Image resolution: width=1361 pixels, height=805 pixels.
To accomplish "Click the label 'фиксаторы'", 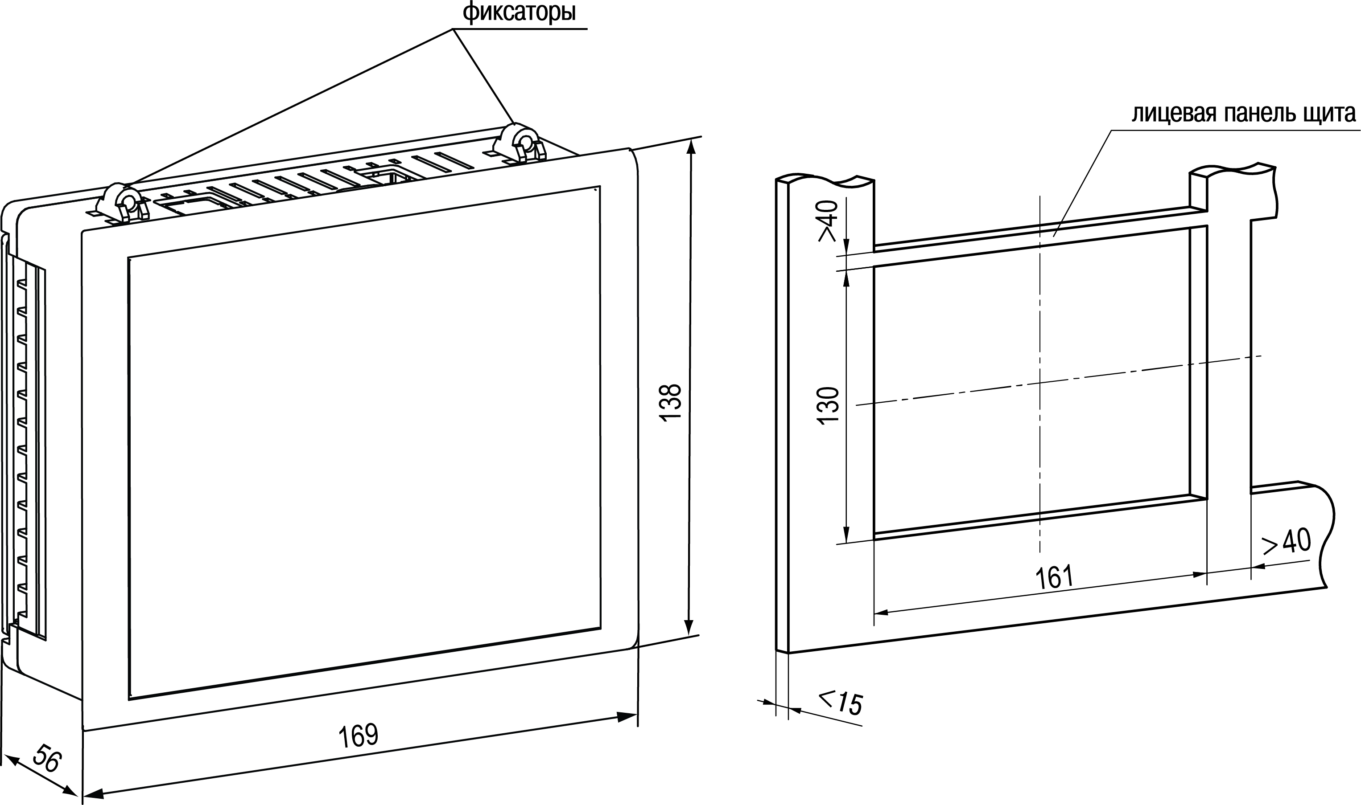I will tap(520, 13).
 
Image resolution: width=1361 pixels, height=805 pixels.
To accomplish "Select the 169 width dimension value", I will tap(358, 736).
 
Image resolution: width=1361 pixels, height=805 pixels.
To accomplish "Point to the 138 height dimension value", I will tap(671, 401).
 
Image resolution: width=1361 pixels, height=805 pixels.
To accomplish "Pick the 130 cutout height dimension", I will tap(829, 405).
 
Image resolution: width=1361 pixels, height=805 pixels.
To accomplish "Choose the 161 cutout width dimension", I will tap(1055, 578).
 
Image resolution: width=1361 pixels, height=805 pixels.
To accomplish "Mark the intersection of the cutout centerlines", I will tap(1039, 382).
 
